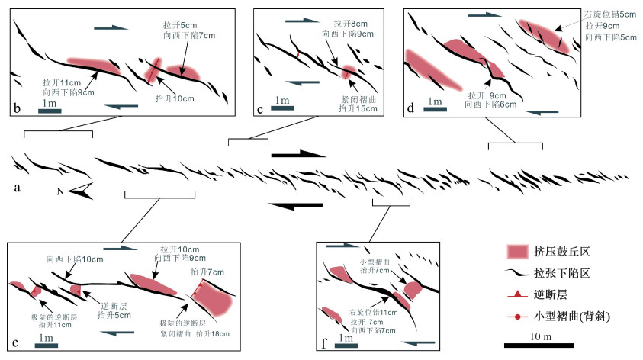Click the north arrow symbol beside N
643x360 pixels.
[82, 191]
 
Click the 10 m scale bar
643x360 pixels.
[545, 344]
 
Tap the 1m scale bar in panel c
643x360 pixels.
[282, 108]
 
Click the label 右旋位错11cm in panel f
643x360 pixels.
[375, 312]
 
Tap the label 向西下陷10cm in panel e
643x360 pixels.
[74, 259]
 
